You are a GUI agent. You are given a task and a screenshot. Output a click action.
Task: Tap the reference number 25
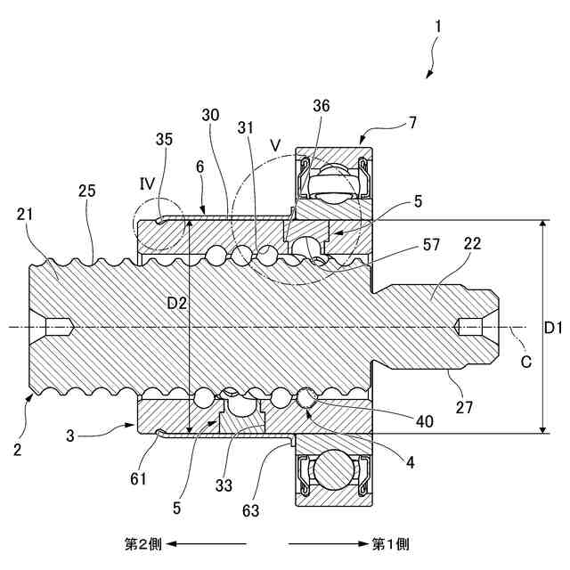click(x=85, y=191)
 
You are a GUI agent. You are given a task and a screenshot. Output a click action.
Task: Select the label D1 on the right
click(x=553, y=328)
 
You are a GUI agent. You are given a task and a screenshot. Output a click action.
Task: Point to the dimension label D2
click(x=178, y=304)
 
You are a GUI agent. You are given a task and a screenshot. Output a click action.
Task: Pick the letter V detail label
click(x=274, y=144)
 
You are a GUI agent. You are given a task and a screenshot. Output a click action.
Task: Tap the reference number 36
click(x=322, y=105)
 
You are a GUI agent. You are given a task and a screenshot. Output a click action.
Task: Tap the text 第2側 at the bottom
click(x=142, y=542)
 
